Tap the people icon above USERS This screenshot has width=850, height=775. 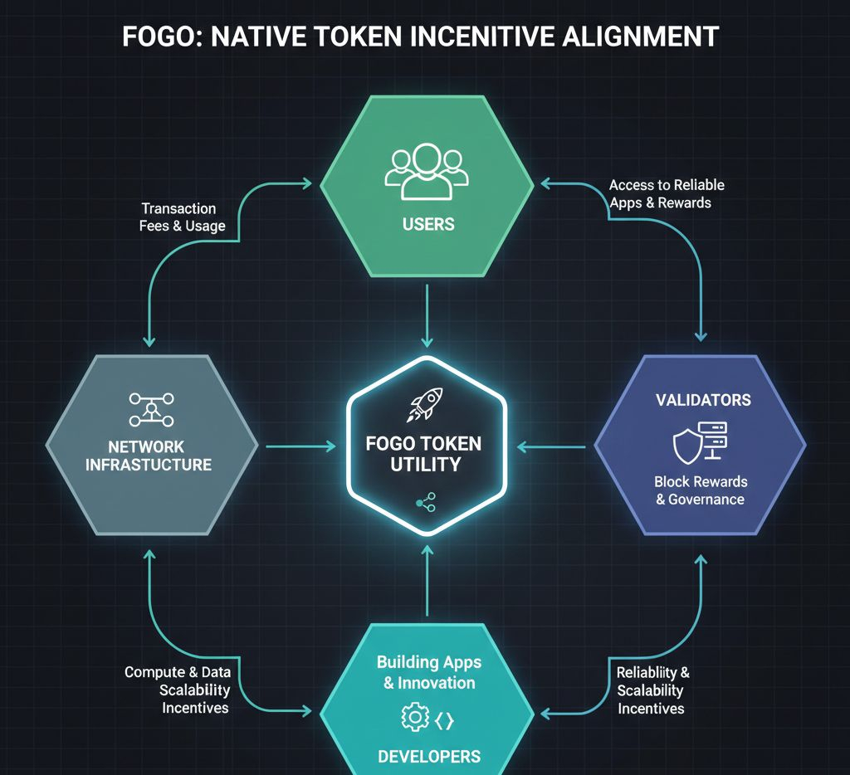pyautogui.click(x=427, y=171)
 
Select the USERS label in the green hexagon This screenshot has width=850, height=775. pyautogui.click(x=427, y=225)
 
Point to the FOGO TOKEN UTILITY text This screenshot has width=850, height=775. pyautogui.click(x=424, y=453)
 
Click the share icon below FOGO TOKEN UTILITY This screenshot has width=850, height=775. pyautogui.click(x=426, y=501)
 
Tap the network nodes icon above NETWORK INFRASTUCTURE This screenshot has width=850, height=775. pyautogui.click(x=150, y=408)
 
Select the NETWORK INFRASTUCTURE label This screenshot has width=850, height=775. pyautogui.click(x=149, y=456)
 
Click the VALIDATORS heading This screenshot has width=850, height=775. pyautogui.click(x=703, y=400)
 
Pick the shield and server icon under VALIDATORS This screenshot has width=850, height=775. pyautogui.click(x=700, y=441)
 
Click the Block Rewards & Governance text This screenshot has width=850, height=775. pyautogui.click(x=701, y=490)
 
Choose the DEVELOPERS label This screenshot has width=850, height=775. pyautogui.click(x=429, y=756)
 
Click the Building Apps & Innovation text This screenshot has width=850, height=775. pyautogui.click(x=429, y=672)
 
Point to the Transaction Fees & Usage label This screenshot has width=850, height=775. pyautogui.click(x=180, y=217)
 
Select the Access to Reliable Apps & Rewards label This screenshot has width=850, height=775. pyautogui.click(x=667, y=193)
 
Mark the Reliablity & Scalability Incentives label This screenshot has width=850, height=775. pyautogui.click(x=652, y=690)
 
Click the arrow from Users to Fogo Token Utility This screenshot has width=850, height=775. pyautogui.click(x=427, y=315)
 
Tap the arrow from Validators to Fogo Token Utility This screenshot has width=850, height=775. pyautogui.click(x=551, y=447)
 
